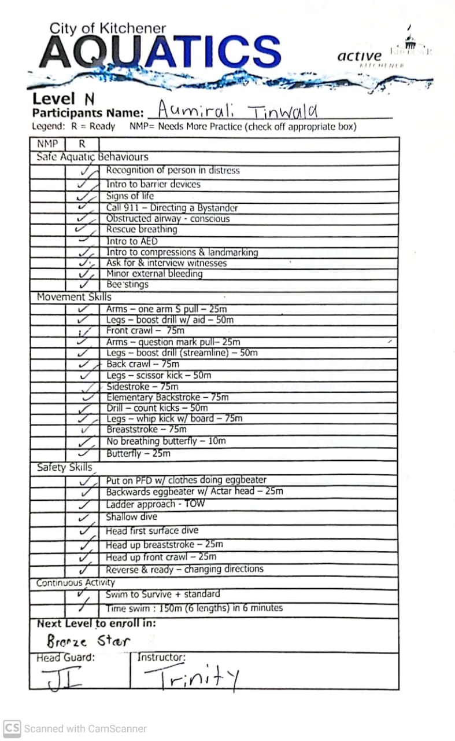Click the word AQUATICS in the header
point(160,51)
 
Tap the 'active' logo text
point(359,56)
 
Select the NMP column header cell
point(47,144)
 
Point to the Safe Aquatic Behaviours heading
point(92,157)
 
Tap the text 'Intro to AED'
point(132,241)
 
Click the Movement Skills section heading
point(74,297)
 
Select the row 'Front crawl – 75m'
point(145,331)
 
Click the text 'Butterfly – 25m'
point(138,453)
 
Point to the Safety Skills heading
point(65,467)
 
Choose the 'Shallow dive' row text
point(131,517)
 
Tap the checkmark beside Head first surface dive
point(86,531)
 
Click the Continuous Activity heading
point(75,582)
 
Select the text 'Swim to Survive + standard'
point(163,594)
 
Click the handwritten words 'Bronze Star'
point(88,641)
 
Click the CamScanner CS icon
point(12,728)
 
